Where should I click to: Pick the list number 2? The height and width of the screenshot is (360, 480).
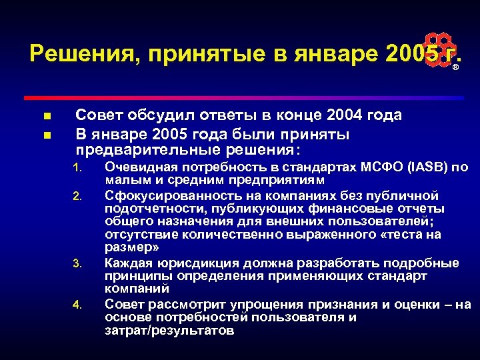pos(77,197)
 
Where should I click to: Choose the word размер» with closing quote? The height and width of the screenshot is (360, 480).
pos(127,247)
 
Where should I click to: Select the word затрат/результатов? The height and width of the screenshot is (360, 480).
pos(169,330)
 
